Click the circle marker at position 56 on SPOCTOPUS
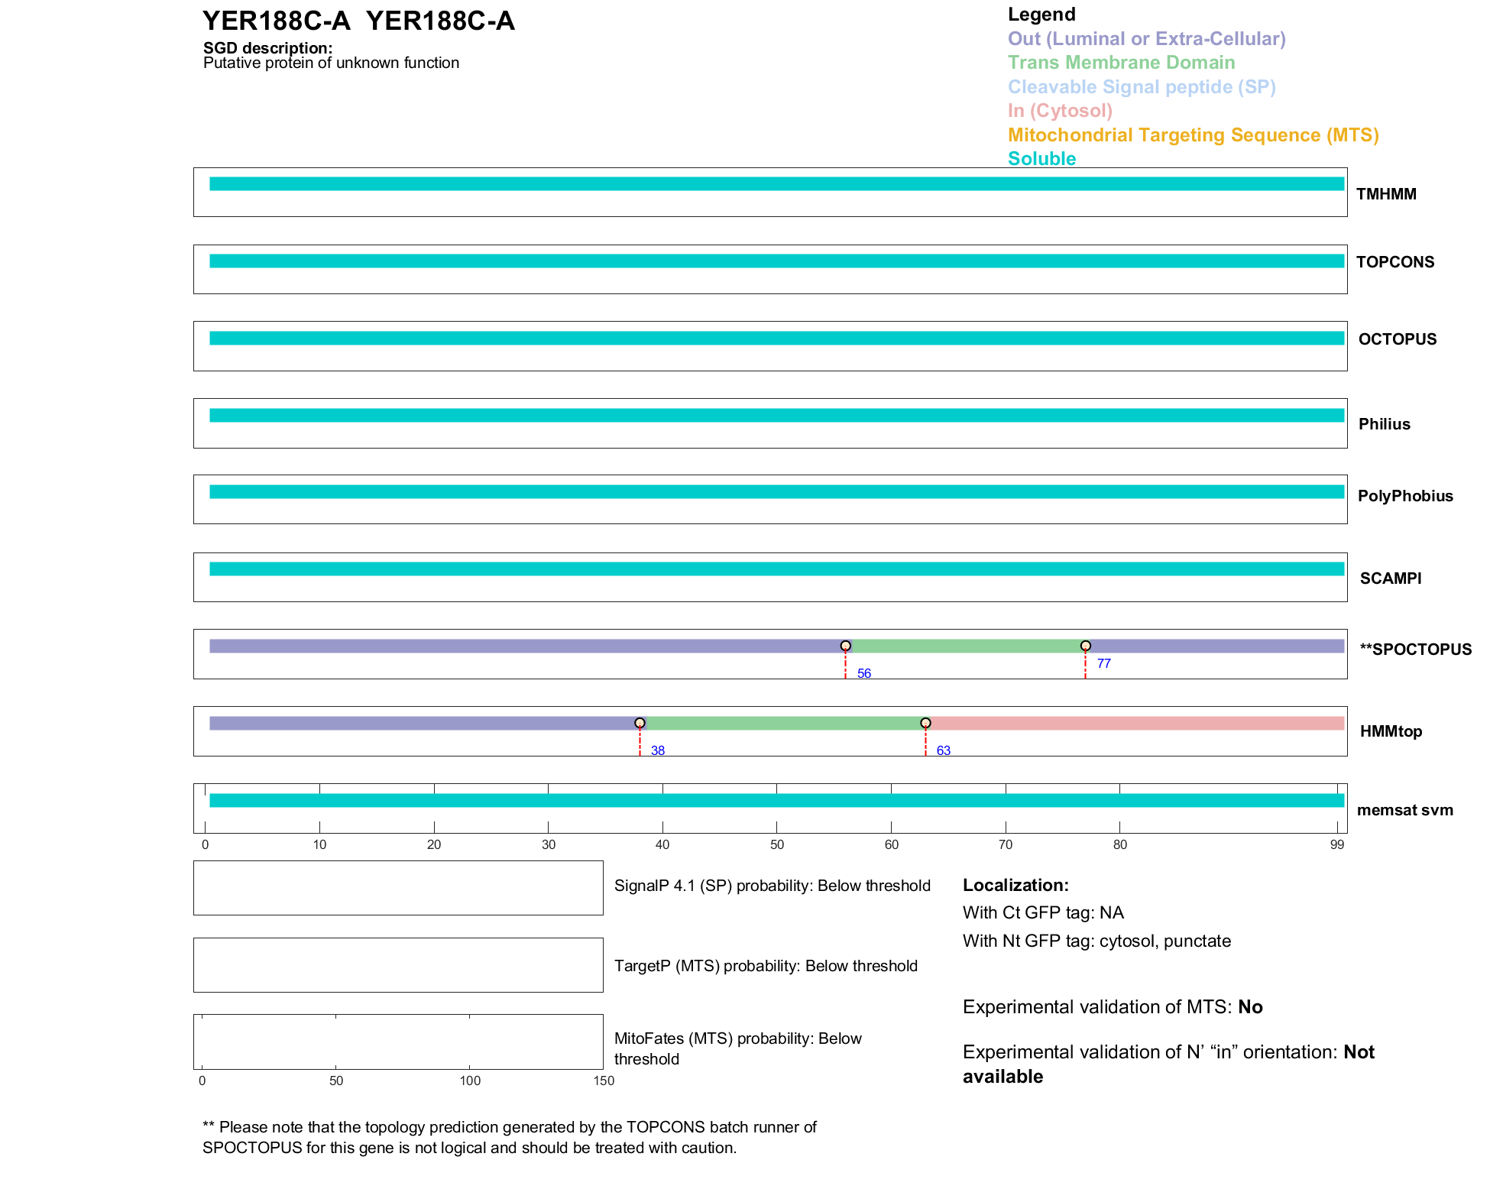[x=845, y=646]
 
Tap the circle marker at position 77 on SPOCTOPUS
[x=1085, y=646]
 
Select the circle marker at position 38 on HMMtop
[x=640, y=723]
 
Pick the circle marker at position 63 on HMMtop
[x=925, y=723]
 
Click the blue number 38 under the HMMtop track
[x=658, y=750]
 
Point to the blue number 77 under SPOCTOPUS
[x=1103, y=663]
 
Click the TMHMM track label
[x=1386, y=194]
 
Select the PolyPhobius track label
[x=1405, y=496]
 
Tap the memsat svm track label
[x=1404, y=810]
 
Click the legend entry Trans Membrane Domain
[x=1121, y=63]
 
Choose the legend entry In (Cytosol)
[x=1060, y=111]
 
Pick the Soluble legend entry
[x=1041, y=159]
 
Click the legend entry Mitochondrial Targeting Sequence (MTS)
[x=1193, y=135]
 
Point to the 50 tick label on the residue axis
[x=776, y=844]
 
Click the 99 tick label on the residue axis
[x=1336, y=844]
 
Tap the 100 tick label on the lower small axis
[x=470, y=1081]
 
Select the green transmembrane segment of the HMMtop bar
[x=785, y=723]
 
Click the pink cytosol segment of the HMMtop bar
[x=1135, y=723]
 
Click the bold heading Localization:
[x=1015, y=885]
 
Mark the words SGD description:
[x=267, y=48]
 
